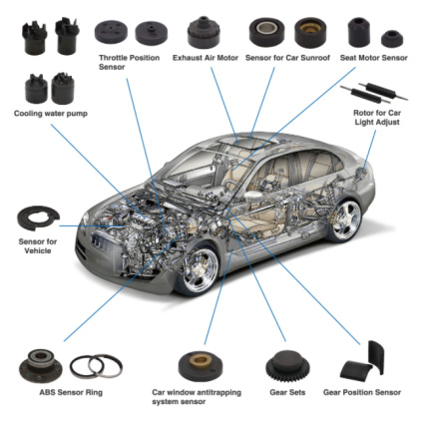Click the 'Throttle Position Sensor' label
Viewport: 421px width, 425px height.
[x=129, y=62]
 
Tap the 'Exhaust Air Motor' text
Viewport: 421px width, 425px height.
[x=206, y=58]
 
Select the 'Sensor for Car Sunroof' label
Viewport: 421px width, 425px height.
[x=287, y=58]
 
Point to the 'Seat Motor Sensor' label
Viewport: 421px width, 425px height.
[x=373, y=58]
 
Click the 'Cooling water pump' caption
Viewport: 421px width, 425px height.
[x=51, y=114]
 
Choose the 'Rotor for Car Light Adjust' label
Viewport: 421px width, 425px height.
[x=377, y=118]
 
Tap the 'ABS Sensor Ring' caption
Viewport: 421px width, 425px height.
[x=71, y=392]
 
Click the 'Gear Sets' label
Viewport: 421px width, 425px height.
[x=287, y=392]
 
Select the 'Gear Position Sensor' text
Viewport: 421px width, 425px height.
[x=362, y=392]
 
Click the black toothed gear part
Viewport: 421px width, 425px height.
[x=287, y=365]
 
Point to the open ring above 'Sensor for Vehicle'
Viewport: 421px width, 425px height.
[x=38, y=217]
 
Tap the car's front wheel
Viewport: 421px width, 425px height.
[x=200, y=270]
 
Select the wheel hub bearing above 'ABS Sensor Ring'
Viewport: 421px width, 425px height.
[x=40, y=365]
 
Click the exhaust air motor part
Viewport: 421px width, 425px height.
[x=204, y=32]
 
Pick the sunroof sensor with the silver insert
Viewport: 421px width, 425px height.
[x=267, y=31]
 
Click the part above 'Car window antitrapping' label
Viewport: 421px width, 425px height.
[x=201, y=366]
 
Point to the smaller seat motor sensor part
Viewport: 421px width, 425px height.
[x=392, y=39]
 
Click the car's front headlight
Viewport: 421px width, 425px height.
[x=86, y=220]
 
